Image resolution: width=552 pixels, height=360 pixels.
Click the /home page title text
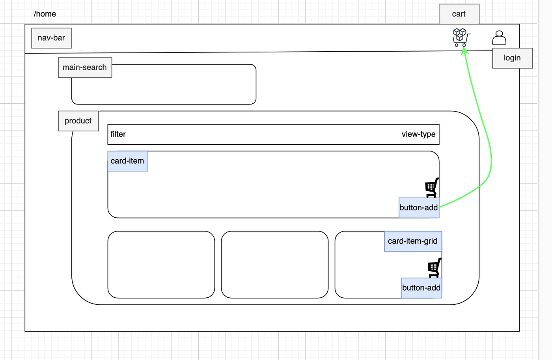(45, 14)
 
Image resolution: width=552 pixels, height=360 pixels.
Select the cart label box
(459, 14)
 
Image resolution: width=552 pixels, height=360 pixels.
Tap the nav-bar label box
(52, 38)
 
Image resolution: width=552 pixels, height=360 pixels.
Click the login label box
(512, 58)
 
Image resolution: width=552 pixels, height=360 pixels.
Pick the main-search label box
(85, 67)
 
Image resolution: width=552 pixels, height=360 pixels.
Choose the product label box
(78, 121)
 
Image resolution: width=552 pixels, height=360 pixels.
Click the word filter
(118, 134)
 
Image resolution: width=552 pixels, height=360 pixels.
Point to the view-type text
(418, 134)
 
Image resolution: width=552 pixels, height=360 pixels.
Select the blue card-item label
(128, 161)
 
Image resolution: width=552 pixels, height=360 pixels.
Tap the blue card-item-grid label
(413, 241)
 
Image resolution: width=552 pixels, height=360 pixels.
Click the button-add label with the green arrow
(419, 208)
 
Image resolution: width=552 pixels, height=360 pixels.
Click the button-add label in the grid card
(421, 288)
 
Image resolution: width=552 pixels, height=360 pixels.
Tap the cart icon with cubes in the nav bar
(461, 37)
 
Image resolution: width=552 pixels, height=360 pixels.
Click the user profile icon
(499, 37)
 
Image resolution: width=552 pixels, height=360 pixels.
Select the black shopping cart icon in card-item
(432, 188)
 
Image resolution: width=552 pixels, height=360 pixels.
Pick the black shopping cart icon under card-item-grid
(435, 268)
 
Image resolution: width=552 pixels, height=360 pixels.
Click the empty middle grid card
(275, 265)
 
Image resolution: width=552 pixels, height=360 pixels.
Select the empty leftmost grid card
(161, 265)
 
